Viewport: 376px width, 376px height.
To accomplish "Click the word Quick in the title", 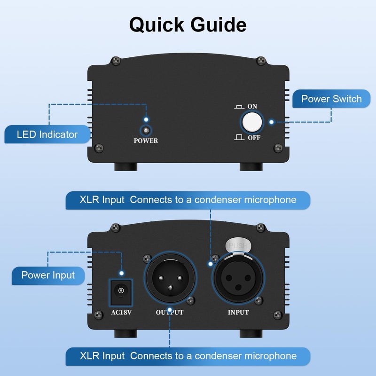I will coord(157,24).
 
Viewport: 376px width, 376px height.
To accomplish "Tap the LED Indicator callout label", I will coord(47,134).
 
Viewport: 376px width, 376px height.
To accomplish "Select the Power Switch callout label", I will coord(331,99).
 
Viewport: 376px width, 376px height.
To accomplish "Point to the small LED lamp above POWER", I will coord(146,131).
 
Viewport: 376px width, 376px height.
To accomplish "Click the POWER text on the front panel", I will coord(146,141).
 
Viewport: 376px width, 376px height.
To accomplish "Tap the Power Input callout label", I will coord(48,275).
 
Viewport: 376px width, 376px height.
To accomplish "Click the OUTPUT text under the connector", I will coord(170,312).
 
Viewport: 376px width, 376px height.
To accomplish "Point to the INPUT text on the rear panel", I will coord(238,312).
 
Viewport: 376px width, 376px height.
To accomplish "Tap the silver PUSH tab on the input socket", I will coord(238,245).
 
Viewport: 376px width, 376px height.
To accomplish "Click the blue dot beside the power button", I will coord(272,122).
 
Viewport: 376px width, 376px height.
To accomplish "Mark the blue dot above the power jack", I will coord(122,273).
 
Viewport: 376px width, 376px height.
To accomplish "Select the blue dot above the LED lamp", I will coord(146,120).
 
